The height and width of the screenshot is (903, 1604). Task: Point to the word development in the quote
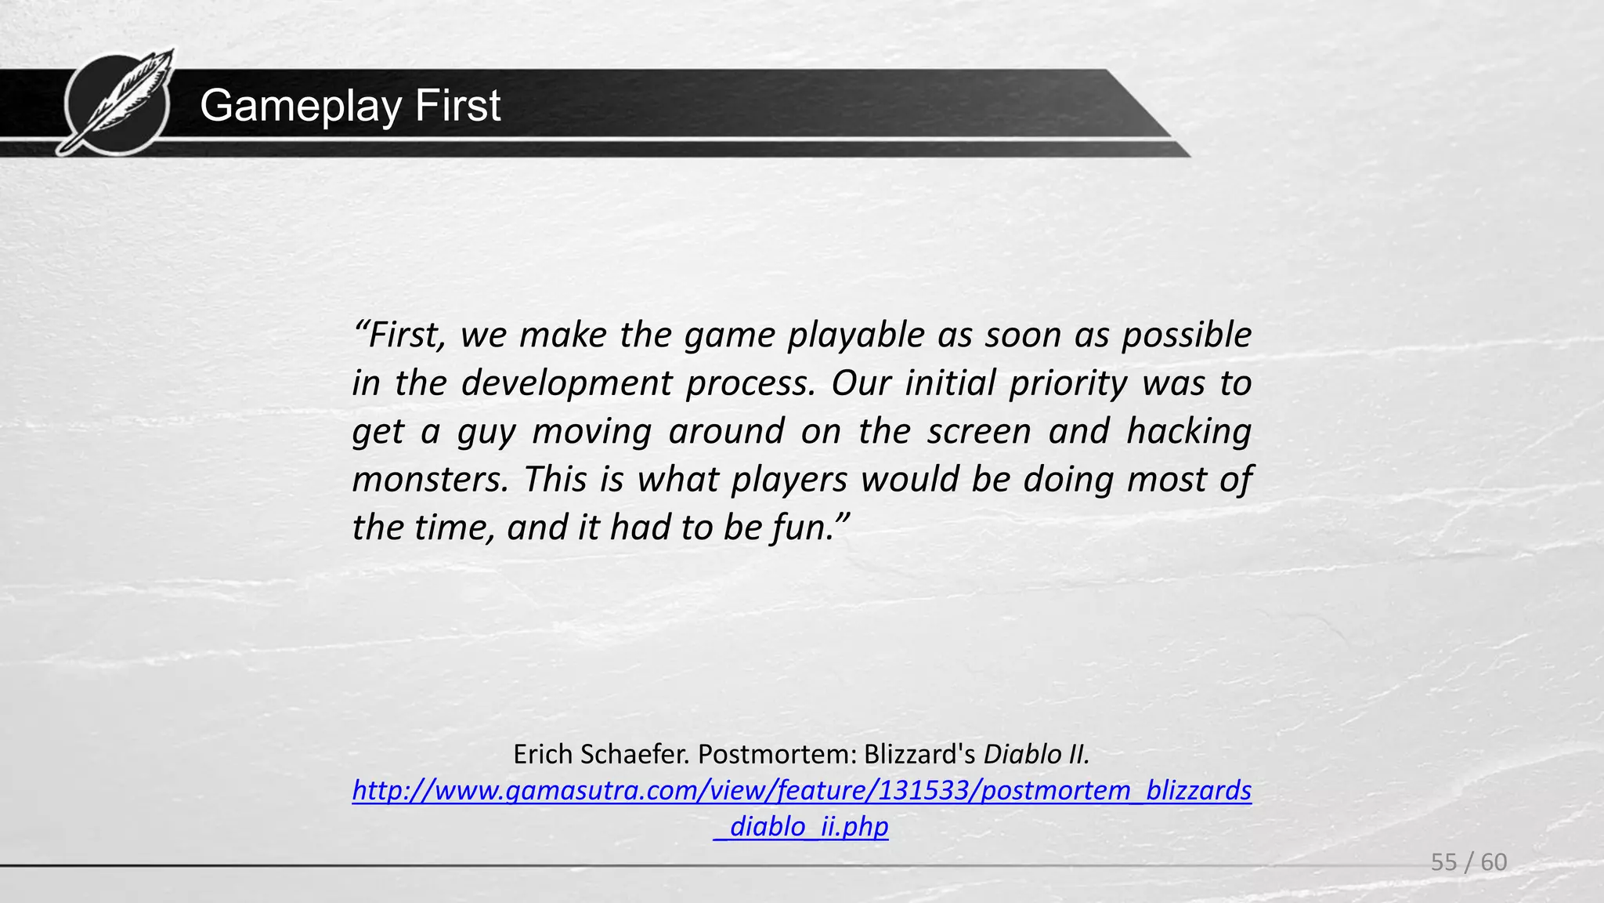click(x=566, y=384)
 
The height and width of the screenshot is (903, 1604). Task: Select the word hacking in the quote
click(x=1189, y=432)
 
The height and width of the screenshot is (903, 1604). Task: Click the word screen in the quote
click(x=979, y=432)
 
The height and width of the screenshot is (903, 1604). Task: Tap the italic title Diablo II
click(x=1036, y=754)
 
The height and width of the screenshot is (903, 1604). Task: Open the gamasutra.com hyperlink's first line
click(x=802, y=790)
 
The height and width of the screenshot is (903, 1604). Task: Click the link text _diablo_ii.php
click(x=800, y=826)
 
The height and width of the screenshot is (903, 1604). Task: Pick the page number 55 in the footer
click(x=1443, y=862)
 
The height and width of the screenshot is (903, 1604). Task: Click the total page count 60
click(x=1494, y=862)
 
